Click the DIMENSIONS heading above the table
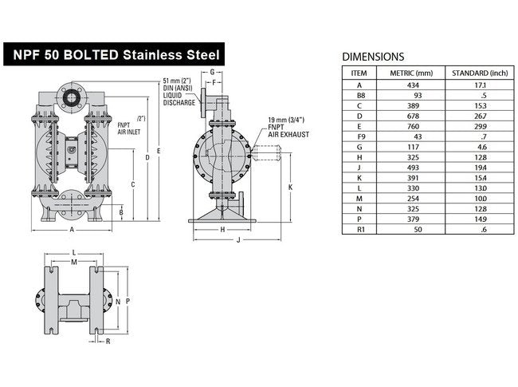click(373, 57)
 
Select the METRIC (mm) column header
click(410, 73)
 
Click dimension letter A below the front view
click(73, 229)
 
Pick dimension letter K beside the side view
click(291, 187)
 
